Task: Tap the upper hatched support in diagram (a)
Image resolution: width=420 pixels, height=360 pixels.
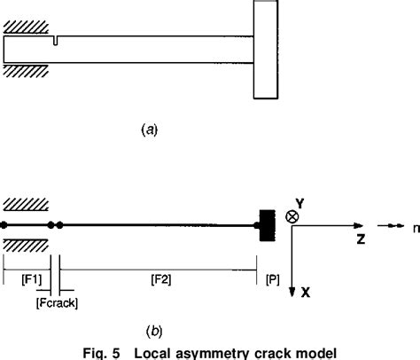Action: tap(26, 28)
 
